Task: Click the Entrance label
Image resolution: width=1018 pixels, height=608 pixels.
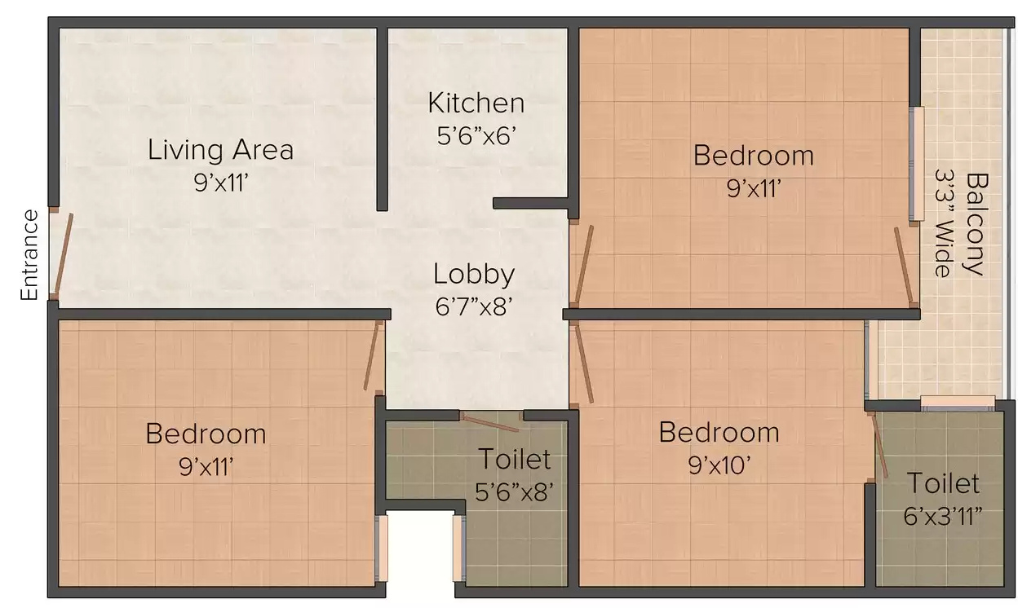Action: (30, 255)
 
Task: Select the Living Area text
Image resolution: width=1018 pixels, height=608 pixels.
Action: (220, 150)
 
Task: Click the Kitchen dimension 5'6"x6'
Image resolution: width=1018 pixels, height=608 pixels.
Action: (476, 135)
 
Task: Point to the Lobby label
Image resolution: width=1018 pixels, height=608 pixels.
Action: (474, 274)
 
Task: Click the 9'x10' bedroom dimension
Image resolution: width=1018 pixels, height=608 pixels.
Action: (719, 465)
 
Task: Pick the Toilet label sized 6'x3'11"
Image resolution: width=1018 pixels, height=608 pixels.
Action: (943, 483)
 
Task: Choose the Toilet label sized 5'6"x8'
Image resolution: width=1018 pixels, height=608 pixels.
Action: (514, 459)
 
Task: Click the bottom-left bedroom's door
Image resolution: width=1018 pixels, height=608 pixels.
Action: (374, 355)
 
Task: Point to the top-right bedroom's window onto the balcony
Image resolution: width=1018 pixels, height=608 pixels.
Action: (917, 164)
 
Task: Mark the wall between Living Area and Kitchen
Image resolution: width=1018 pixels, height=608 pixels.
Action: (381, 118)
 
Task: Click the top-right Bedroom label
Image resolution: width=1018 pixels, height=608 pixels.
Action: (753, 155)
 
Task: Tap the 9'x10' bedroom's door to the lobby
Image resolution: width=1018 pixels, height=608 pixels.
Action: (584, 363)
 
